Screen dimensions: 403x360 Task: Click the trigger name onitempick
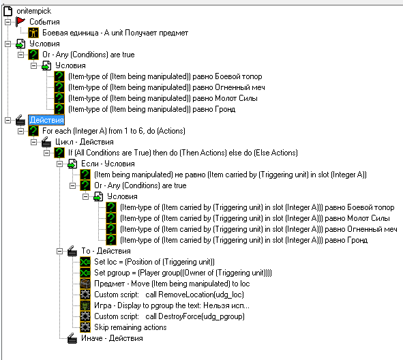pyautogui.click(x=33, y=11)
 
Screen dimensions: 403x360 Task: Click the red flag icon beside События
pyautogui.click(x=20, y=22)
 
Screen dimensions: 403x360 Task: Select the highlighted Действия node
pyautogui.click(x=46, y=120)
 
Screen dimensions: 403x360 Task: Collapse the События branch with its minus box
pyautogui.click(x=8, y=22)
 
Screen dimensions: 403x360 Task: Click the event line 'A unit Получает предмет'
pyautogui.click(x=115, y=33)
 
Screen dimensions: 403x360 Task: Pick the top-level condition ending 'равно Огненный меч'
pyautogui.click(x=166, y=87)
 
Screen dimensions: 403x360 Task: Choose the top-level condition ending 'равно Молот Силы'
pyautogui.click(x=163, y=98)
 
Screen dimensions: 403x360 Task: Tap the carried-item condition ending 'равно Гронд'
pyautogui.click(x=243, y=240)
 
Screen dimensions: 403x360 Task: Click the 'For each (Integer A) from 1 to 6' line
pyautogui.click(x=114, y=131)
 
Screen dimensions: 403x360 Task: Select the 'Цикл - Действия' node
pyautogui.click(x=85, y=142)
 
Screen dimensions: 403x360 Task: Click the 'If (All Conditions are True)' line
pyautogui.click(x=183, y=153)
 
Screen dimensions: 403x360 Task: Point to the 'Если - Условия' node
pyautogui.click(x=108, y=164)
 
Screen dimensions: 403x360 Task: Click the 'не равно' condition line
pyautogui.click(x=230, y=175)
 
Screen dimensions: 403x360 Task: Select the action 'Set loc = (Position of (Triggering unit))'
pyautogui.click(x=154, y=262)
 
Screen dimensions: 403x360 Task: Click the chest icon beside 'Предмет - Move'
pyautogui.click(x=85, y=284)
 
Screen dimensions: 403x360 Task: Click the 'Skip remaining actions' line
pyautogui.click(x=130, y=327)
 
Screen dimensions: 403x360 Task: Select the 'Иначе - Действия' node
pyautogui.click(x=112, y=338)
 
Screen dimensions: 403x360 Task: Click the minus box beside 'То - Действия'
pyautogui.click(x=59, y=251)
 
